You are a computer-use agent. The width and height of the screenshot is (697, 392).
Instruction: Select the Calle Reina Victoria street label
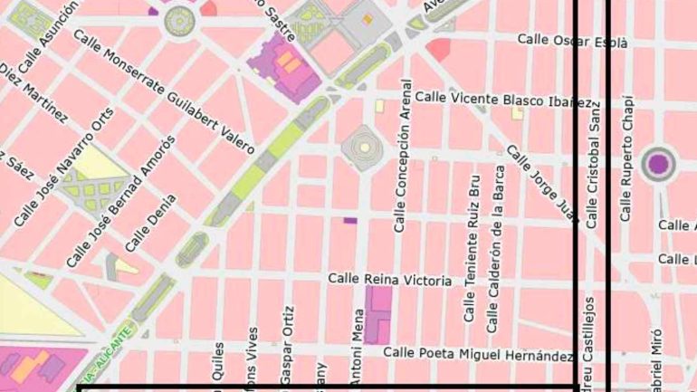pyautogui.click(x=389, y=282)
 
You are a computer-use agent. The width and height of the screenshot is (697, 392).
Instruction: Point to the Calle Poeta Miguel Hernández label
pyautogui.click(x=479, y=354)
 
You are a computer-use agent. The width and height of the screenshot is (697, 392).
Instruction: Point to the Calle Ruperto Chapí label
pyautogui.click(x=626, y=158)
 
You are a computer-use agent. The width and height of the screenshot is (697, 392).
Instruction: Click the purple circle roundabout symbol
pyautogui.click(x=659, y=164)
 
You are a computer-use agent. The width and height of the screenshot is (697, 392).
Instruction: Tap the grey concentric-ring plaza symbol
pyautogui.click(x=362, y=145)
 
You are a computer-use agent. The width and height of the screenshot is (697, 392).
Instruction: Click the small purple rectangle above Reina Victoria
pyautogui.click(x=350, y=220)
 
